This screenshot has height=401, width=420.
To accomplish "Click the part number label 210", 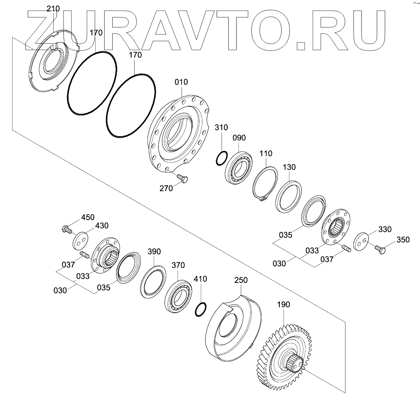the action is [x=53, y=9].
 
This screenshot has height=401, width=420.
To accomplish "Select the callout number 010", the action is [x=182, y=82].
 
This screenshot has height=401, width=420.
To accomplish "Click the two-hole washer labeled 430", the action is [x=79, y=240].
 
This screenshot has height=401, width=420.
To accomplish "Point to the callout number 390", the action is [x=154, y=252].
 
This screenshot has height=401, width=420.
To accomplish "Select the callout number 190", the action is [x=284, y=304].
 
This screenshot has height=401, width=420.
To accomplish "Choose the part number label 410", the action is [x=200, y=279].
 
